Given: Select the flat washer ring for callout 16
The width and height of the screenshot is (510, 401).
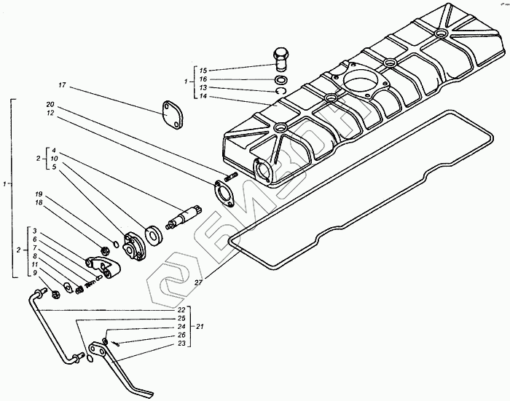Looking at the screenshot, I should pos(280,79).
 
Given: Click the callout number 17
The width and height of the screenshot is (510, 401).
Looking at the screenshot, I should pos(63,85).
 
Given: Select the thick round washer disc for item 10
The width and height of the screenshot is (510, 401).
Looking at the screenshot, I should pos(154,234).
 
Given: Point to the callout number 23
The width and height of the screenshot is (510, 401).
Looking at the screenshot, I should pos(181,344).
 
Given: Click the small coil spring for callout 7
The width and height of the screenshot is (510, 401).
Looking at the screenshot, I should pos(91,283).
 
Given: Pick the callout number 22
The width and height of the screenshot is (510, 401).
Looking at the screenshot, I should pos(181,311).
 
